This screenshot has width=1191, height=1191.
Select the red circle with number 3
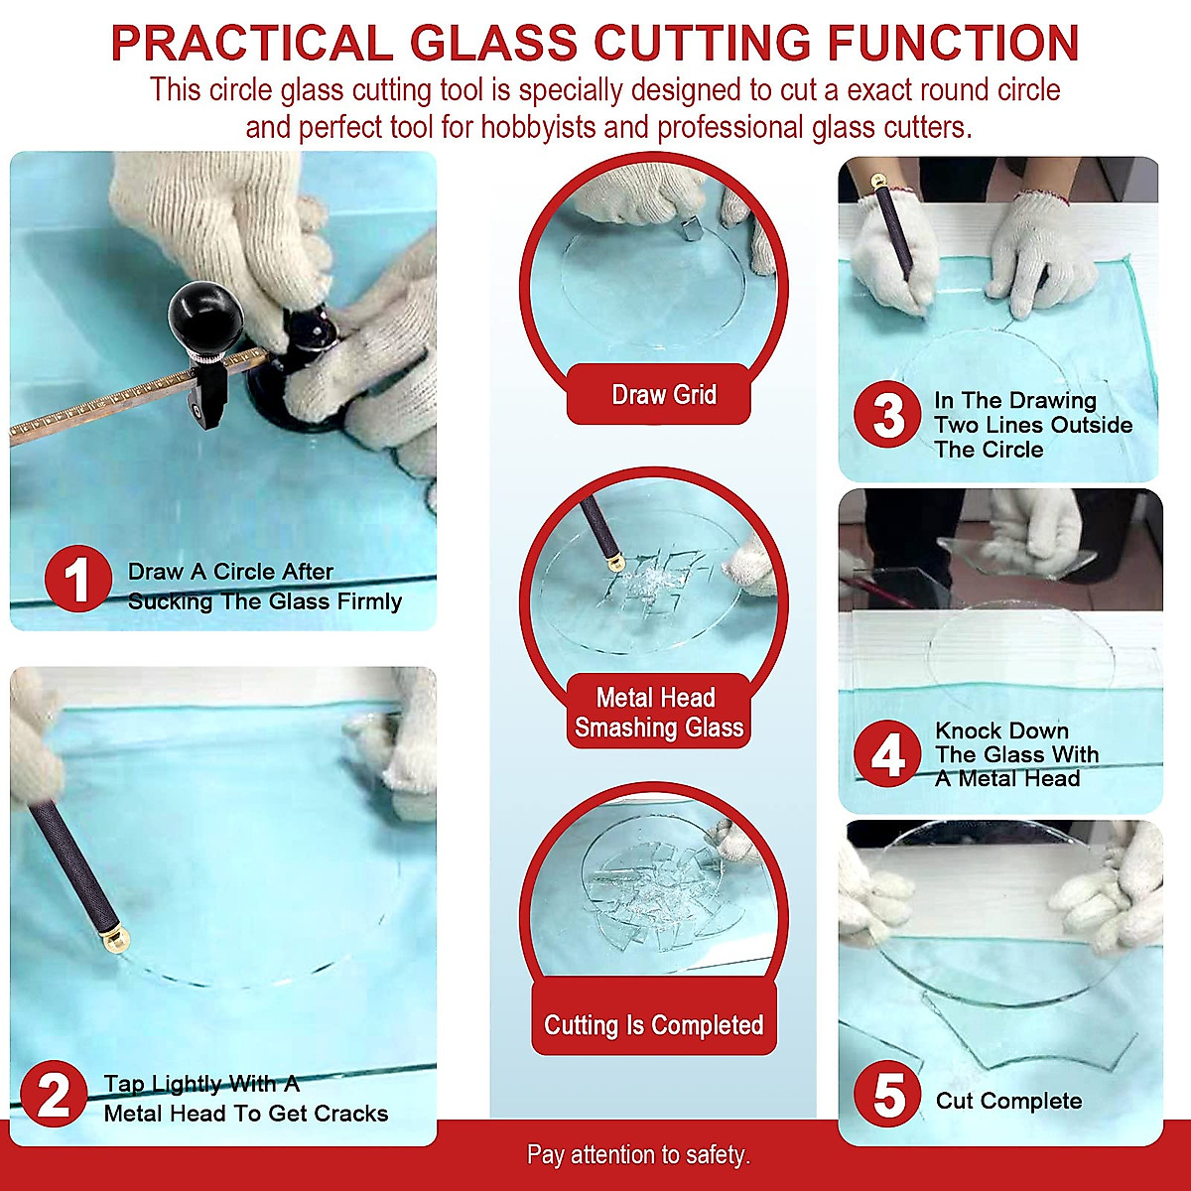click(x=888, y=417)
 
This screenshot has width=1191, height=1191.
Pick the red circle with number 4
click(x=887, y=754)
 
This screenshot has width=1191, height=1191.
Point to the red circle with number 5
click(x=888, y=1096)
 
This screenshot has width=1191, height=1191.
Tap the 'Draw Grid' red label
click(x=663, y=395)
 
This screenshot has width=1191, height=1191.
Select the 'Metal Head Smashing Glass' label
click(x=658, y=713)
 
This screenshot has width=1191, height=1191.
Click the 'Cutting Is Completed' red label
click(x=653, y=1025)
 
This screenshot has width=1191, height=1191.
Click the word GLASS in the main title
click(x=493, y=44)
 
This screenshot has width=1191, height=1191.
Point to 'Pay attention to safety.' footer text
click(x=638, y=1155)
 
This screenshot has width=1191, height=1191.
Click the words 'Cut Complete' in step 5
click(x=1008, y=1101)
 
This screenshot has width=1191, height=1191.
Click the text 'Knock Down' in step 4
click(x=1001, y=730)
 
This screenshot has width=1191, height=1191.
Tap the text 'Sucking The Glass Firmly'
click(x=264, y=601)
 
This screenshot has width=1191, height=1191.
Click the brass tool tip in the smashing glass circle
click(x=615, y=564)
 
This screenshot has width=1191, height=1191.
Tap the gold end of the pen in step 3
click(x=876, y=182)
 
